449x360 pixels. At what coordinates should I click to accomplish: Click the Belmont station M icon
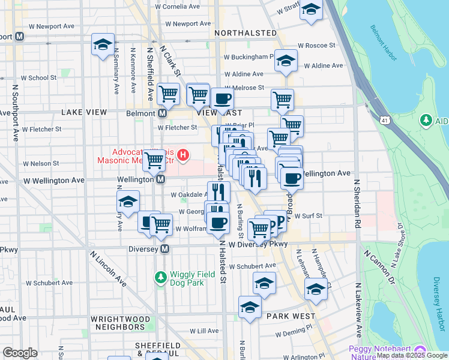pos(162,113)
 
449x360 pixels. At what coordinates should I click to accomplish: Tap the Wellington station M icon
pos(160,179)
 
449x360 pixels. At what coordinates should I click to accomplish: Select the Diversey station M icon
pos(164,248)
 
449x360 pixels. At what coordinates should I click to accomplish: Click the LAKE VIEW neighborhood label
pos(83,112)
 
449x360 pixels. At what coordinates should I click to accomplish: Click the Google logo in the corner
pos(20,352)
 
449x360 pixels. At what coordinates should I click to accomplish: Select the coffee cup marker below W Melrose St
pos(221,99)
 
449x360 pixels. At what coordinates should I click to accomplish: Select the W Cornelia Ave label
pos(176,7)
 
